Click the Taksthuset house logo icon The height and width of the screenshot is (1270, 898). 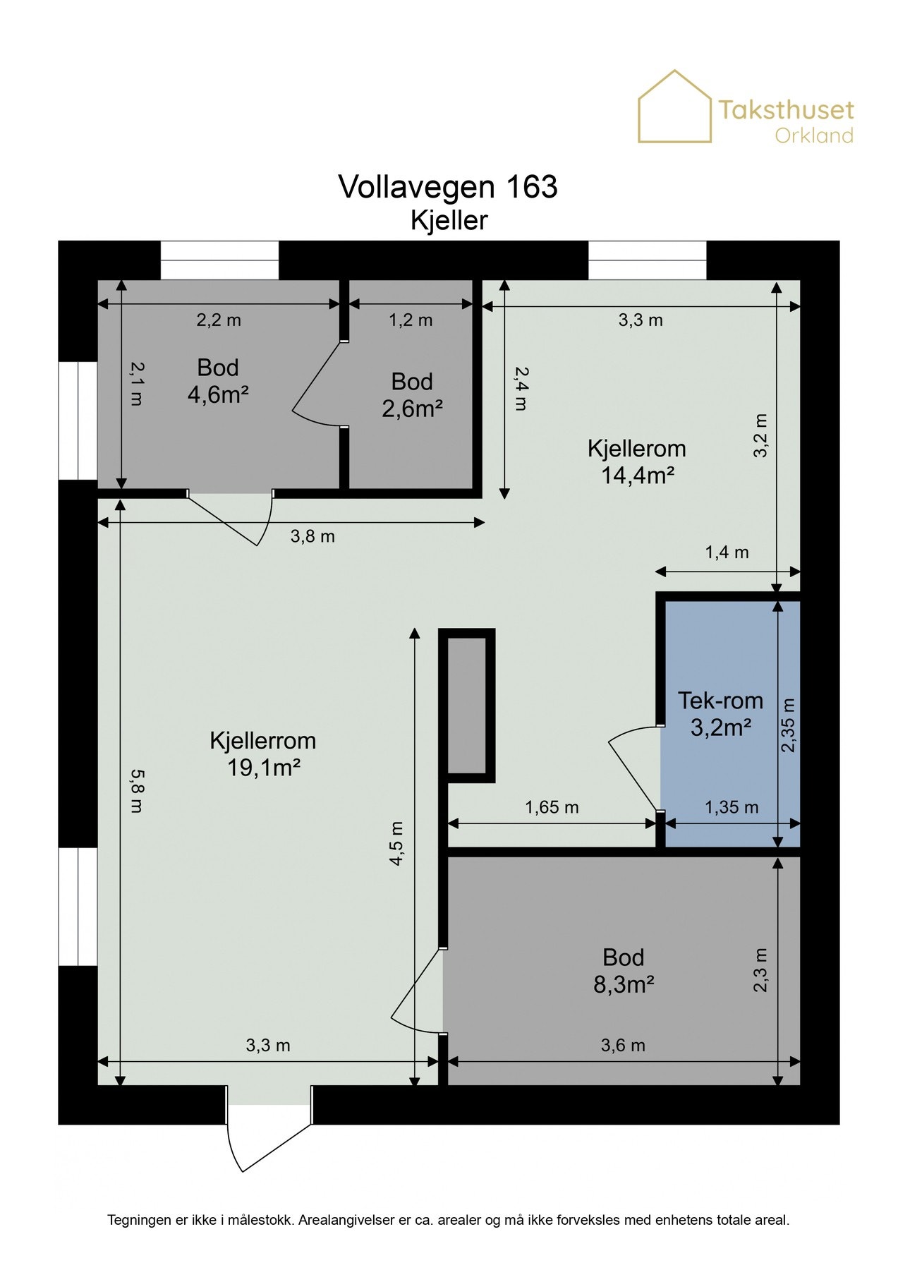674,107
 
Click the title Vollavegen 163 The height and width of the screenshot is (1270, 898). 448,187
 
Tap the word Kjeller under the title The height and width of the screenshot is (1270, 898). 449,220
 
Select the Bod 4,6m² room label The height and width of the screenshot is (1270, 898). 218,381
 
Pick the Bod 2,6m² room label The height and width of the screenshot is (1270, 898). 412,395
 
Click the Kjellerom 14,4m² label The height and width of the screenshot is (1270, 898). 637,461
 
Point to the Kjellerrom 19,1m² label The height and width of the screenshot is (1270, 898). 263,754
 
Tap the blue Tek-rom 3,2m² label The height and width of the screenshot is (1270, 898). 720,713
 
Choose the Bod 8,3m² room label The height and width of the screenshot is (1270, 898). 624,970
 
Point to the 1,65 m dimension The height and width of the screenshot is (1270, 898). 552,807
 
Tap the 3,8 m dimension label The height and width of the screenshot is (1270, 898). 313,536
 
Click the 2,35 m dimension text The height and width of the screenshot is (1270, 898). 789,725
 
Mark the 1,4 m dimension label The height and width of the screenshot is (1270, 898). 727,552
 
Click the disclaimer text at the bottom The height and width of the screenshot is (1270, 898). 449,1220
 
